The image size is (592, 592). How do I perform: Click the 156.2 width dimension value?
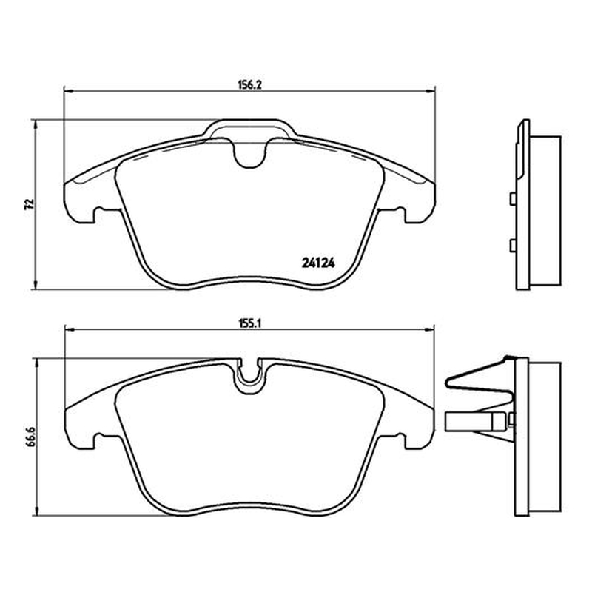tap(249, 85)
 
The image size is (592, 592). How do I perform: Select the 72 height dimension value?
tap(30, 204)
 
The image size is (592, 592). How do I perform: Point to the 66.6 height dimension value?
tap(30, 437)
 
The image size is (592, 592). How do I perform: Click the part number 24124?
tap(318, 263)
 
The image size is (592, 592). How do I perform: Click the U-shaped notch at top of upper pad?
tap(249, 152)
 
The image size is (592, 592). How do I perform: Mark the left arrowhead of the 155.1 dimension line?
tap(70, 329)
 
